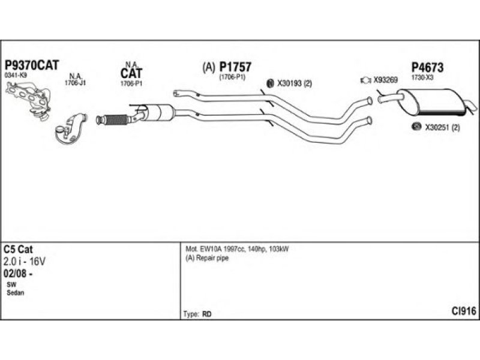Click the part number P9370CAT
[32, 65]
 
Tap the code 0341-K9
[15, 76]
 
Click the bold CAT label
[131, 74]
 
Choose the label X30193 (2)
[295, 83]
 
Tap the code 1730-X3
[422, 77]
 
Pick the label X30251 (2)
[442, 127]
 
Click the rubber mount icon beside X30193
[269, 83]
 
